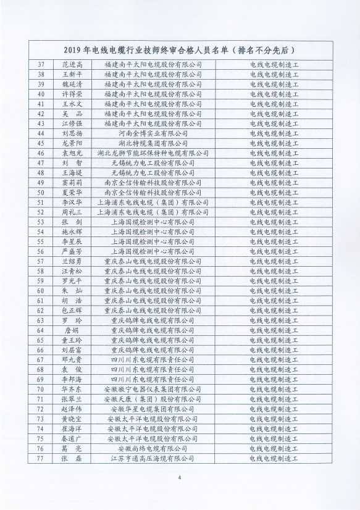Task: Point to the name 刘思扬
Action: (72, 133)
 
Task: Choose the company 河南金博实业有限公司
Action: (154, 133)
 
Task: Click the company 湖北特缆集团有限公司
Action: (154, 143)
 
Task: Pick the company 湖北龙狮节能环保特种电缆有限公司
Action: (154, 153)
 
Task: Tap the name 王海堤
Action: (72, 172)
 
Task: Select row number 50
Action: (41, 192)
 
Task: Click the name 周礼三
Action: (72, 212)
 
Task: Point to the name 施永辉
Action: (72, 232)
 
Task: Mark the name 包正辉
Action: (72, 311)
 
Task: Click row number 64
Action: (41, 330)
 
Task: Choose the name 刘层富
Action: (72, 350)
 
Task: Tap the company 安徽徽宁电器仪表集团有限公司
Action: (154, 390)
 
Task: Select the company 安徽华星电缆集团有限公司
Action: (154, 409)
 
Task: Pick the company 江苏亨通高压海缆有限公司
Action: (154, 459)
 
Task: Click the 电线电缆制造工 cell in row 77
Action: (274, 459)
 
